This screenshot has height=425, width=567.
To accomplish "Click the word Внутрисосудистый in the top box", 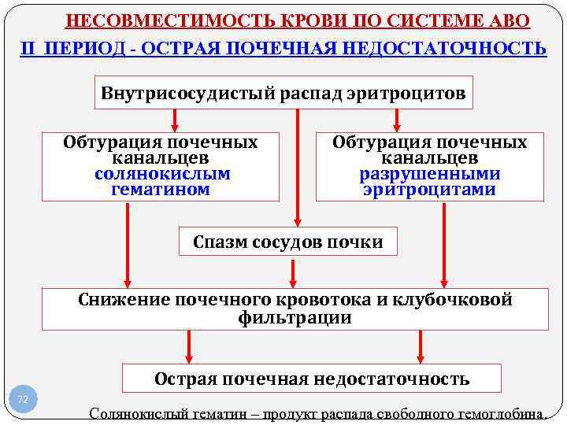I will pos(185,94).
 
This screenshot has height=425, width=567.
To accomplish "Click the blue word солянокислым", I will pos(162,174).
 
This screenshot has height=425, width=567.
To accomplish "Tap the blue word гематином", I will pos(161,190).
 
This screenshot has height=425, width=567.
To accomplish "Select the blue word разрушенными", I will pos(430,174).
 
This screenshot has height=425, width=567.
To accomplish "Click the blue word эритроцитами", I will pos(430,190).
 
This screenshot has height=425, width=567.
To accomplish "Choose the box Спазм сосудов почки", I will pos(288,242).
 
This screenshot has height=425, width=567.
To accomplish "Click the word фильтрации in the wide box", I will pos(295,318).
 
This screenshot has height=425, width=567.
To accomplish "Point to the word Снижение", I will pos(124,300).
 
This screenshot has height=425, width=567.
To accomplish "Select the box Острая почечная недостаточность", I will pos(312,379).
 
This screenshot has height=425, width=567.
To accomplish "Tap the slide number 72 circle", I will pos(23,400).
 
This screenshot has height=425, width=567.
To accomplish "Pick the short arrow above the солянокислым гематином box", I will pos(174,120).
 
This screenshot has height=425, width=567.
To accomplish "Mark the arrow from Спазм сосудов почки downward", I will pos(294,272).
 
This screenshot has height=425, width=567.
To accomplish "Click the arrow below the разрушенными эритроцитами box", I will pos(445,245).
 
